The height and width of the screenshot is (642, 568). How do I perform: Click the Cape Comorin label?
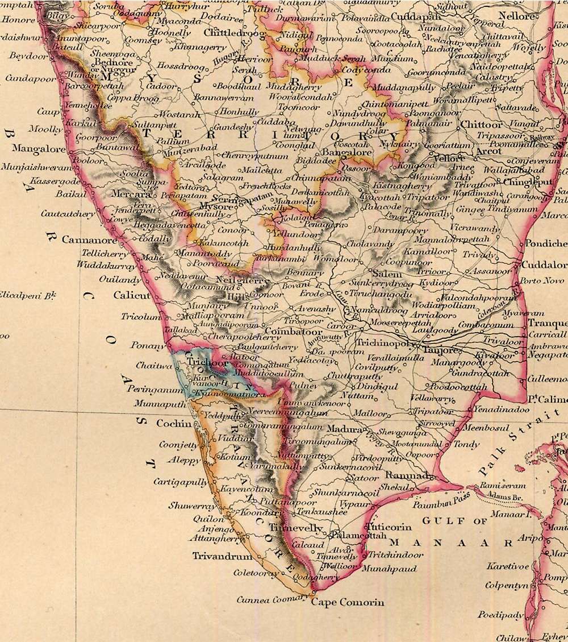coord(347,602)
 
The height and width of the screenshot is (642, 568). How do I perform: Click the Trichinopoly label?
coord(383,343)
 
